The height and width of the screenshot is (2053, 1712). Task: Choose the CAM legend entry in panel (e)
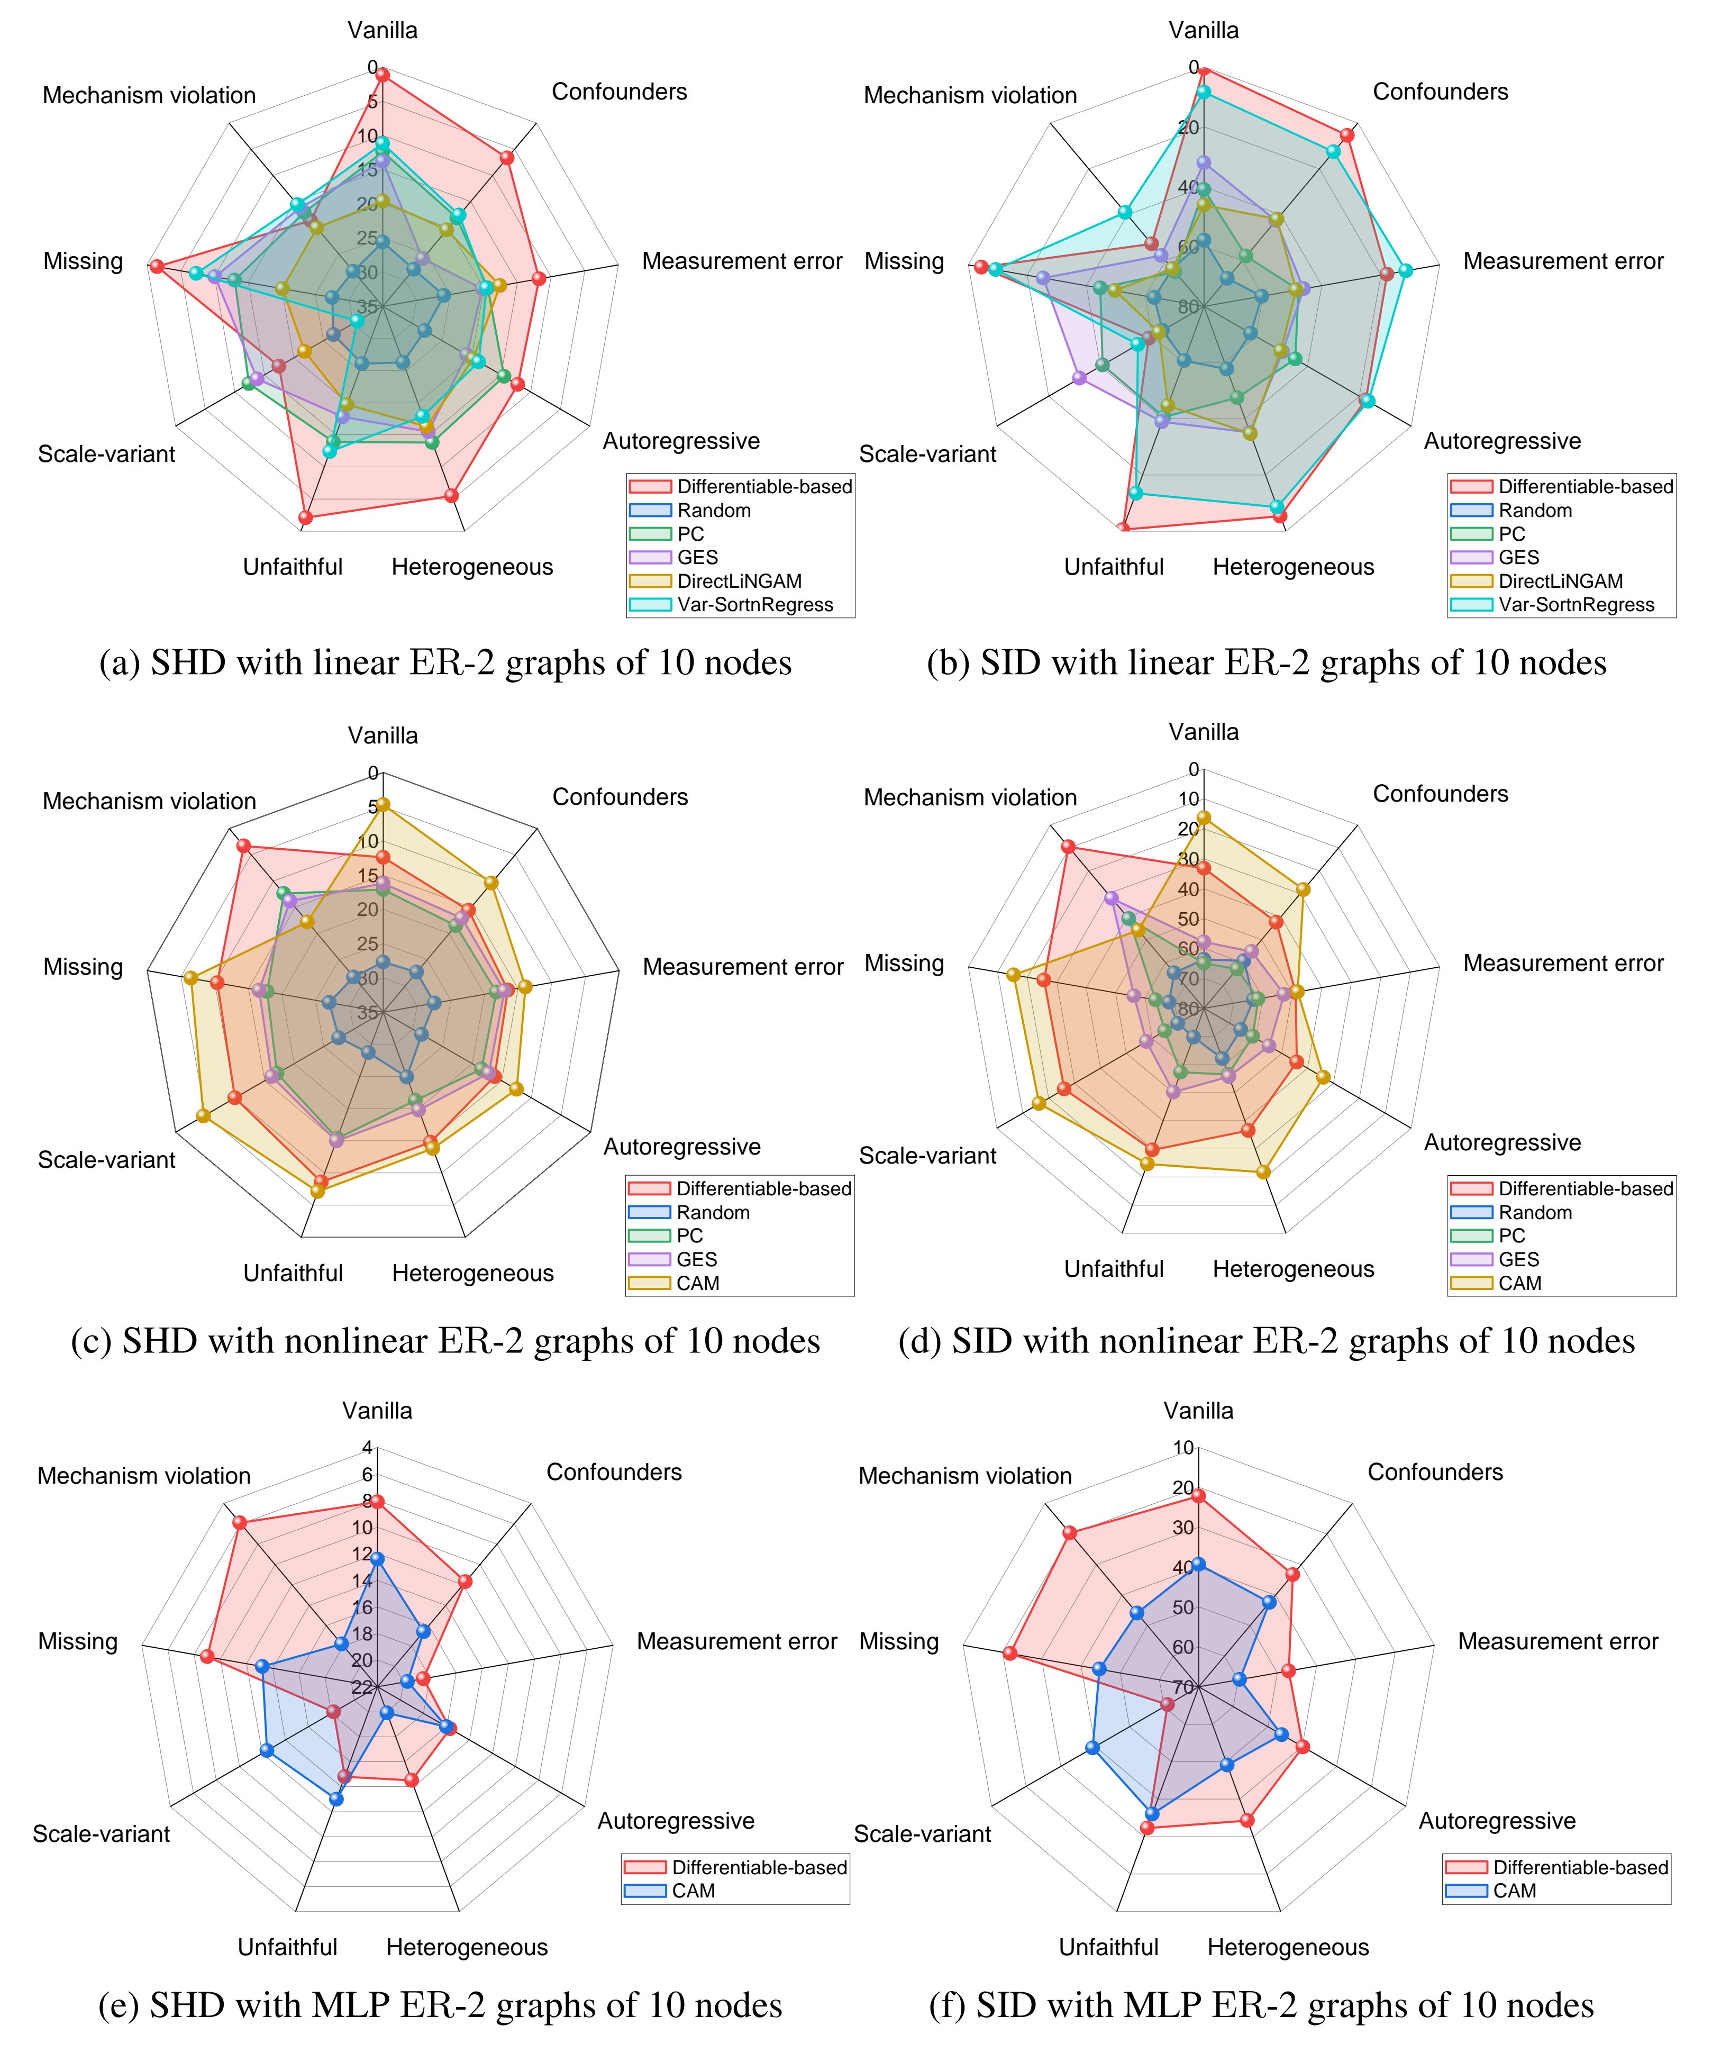(693, 1891)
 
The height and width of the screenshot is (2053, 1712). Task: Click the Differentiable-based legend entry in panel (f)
(1580, 1867)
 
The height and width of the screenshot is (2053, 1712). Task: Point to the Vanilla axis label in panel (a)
(383, 30)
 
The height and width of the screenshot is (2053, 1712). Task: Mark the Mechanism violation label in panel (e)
(144, 1475)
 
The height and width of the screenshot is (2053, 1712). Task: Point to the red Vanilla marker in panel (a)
(383, 74)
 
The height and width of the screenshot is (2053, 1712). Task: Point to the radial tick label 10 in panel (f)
(1183, 1448)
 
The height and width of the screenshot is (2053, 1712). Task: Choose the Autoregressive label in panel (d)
(1502, 1143)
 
